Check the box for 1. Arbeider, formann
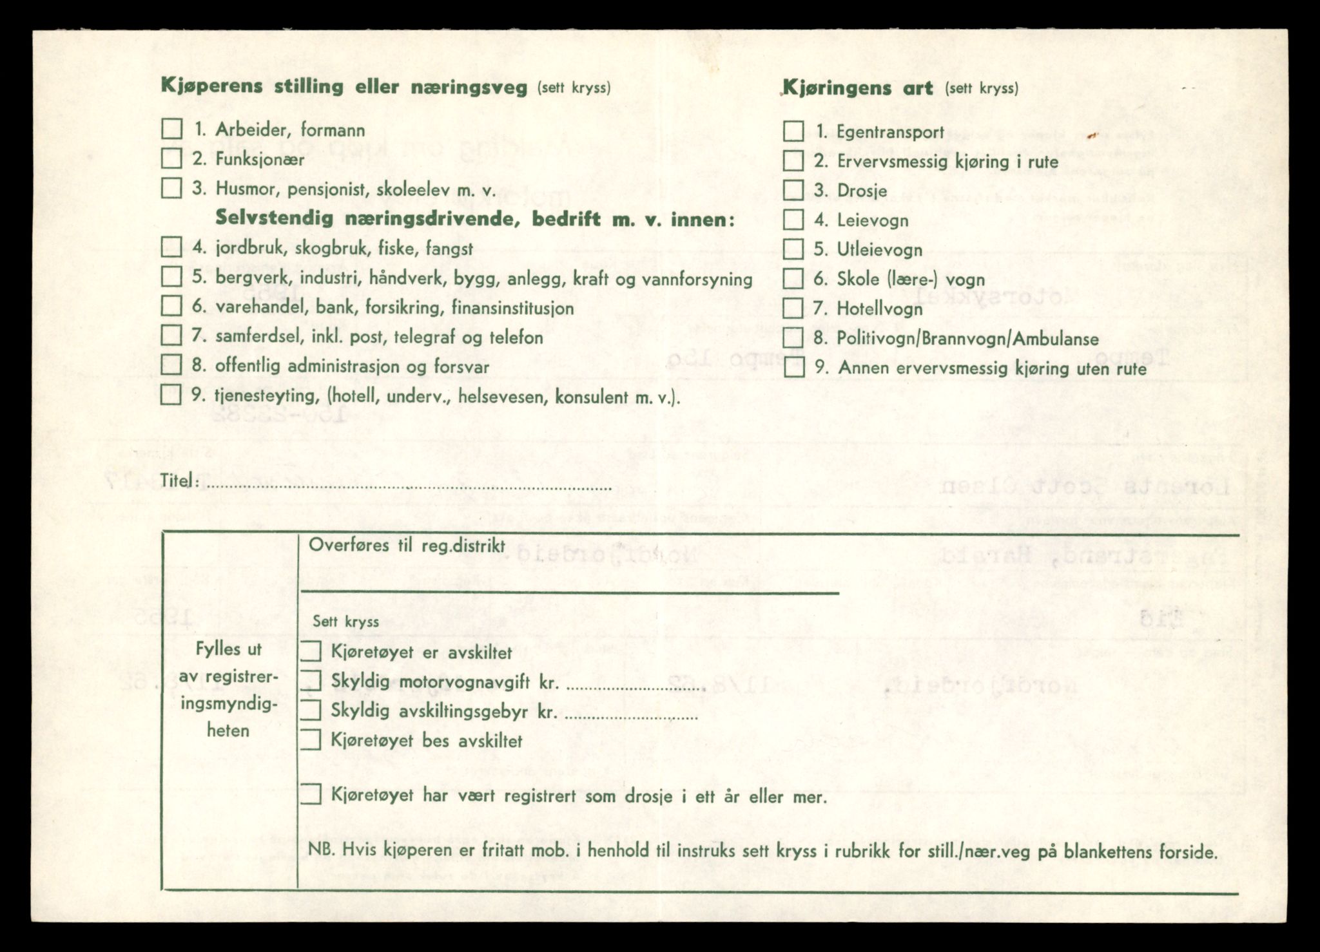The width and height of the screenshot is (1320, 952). pos(171,129)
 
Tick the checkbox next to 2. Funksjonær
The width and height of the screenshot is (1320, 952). pos(171,158)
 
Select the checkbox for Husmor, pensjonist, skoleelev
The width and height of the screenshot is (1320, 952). pos(171,188)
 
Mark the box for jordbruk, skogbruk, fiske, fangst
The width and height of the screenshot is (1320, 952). pos(171,247)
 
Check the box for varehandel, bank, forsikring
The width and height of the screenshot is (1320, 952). pos(171,306)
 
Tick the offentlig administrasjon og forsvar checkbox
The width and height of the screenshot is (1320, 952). pos(171,365)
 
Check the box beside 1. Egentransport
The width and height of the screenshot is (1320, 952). pos(793,131)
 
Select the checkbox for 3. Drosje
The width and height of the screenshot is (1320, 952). pos(793,190)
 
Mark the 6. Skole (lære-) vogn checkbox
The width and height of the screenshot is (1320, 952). pos(793,279)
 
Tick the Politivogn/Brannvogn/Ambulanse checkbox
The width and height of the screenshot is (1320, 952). pos(793,338)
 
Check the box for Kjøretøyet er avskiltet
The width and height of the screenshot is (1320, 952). pos(311,651)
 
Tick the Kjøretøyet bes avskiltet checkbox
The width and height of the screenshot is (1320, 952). pos(311,740)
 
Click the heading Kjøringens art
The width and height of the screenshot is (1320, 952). pos(857,88)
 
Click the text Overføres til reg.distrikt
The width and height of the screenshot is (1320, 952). pos(406,546)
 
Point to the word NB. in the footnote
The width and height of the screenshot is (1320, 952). pos(322,851)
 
